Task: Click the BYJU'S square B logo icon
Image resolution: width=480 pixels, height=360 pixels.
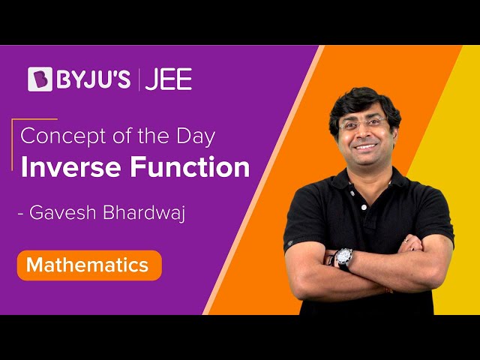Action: coord(40,79)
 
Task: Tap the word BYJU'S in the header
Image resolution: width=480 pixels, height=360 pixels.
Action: coord(93,79)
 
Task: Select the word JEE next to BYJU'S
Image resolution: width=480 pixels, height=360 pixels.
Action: coord(169,79)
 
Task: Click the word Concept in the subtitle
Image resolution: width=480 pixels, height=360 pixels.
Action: coord(63,136)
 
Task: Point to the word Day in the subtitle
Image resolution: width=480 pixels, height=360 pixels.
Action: coord(196,136)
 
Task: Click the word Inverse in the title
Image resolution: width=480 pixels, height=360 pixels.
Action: coord(71,166)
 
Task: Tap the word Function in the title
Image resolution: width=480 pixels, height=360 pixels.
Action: coord(190,166)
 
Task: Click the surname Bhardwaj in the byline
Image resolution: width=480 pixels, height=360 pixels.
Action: coord(144,212)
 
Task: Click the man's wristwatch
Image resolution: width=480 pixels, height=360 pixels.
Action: coord(343,259)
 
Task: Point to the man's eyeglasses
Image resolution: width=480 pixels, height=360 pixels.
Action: coord(363,124)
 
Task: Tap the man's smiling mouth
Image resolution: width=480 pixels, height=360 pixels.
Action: coord(365,147)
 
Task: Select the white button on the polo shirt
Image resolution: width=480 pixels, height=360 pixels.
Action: coord(364,207)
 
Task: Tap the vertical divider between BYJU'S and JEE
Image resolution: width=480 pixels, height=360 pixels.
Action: coord(138,79)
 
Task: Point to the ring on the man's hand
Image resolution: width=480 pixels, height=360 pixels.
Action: coord(405,240)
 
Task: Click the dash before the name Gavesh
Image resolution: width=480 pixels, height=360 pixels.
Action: coord(21,213)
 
